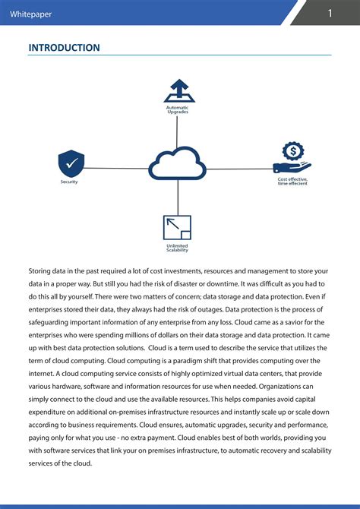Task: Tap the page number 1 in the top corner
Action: (x=330, y=13)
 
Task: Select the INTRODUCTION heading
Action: (x=64, y=48)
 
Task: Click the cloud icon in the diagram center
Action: (x=177, y=163)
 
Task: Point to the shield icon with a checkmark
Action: (x=71, y=163)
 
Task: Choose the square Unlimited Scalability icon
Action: (x=177, y=228)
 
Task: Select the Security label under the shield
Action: (x=69, y=182)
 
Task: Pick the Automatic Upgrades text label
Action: (x=177, y=109)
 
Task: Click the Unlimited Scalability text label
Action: (x=177, y=248)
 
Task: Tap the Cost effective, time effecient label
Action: (x=292, y=181)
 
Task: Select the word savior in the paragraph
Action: (x=298, y=323)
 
